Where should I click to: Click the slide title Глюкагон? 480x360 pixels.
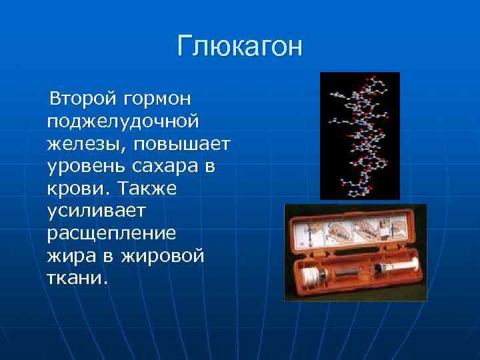(239, 47)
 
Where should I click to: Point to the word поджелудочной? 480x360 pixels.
(123, 122)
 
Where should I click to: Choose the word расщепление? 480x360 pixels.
(112, 234)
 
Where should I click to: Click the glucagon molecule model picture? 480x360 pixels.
(359, 135)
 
